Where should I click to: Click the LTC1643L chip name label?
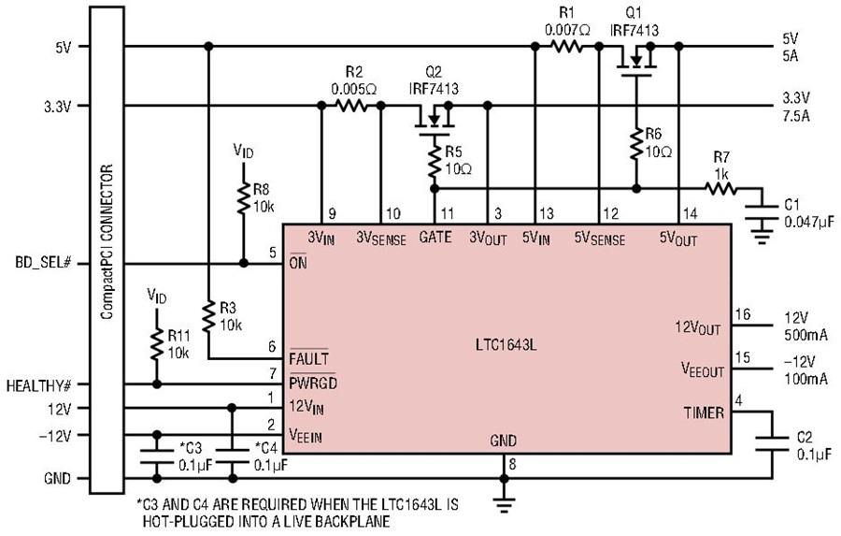coord(506,344)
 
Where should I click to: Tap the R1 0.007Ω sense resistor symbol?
coord(567,47)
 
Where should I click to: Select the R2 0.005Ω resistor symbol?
coord(351,106)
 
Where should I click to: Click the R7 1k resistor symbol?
coord(720,189)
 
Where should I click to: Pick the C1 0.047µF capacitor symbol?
coord(762,212)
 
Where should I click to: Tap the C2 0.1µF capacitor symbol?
coord(772,444)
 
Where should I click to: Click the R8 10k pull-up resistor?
coord(244,197)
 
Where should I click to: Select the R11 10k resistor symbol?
coord(157,344)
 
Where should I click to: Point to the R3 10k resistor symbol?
coord(209,317)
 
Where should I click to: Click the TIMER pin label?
coord(704,413)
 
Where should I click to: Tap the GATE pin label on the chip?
coord(435,237)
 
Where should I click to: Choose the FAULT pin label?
coord(309,357)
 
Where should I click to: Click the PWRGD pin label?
coord(313,383)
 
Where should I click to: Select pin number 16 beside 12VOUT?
coord(743,314)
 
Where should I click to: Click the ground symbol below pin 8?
coord(504,501)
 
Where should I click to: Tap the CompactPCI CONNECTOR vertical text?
coord(107,241)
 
